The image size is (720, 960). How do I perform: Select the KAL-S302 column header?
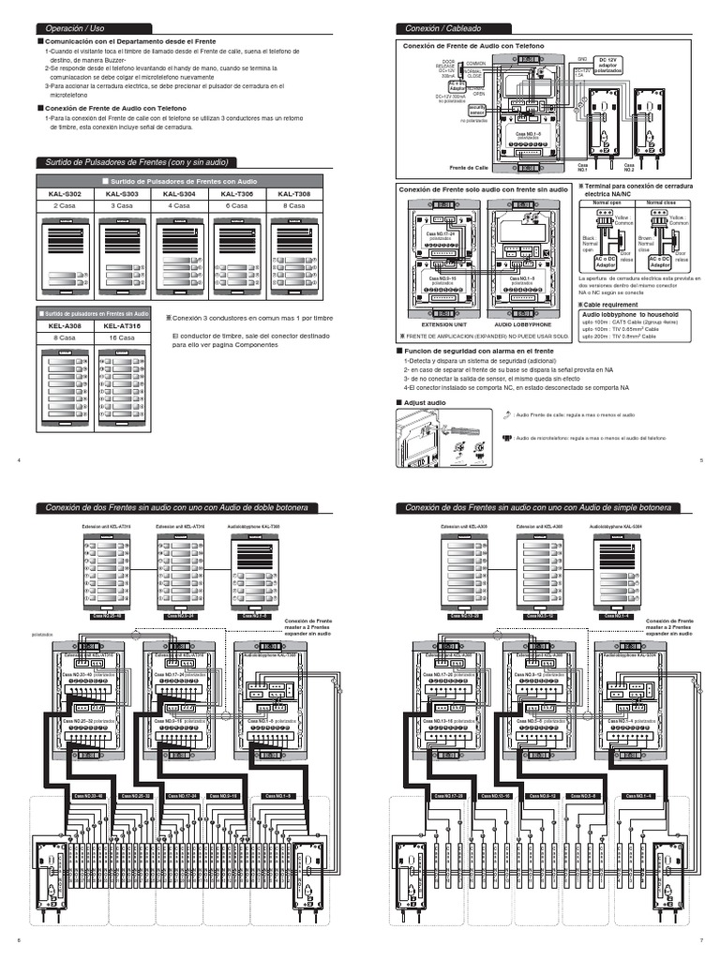tap(66, 193)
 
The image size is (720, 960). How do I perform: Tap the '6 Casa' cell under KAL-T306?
tap(237, 204)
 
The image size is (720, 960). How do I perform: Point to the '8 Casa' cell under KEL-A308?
tap(66, 336)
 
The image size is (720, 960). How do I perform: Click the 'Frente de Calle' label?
tap(469, 167)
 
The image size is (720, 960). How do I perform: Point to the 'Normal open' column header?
tap(601, 202)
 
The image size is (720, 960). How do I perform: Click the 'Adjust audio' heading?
tap(424, 402)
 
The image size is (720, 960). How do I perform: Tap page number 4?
tap(19, 459)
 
